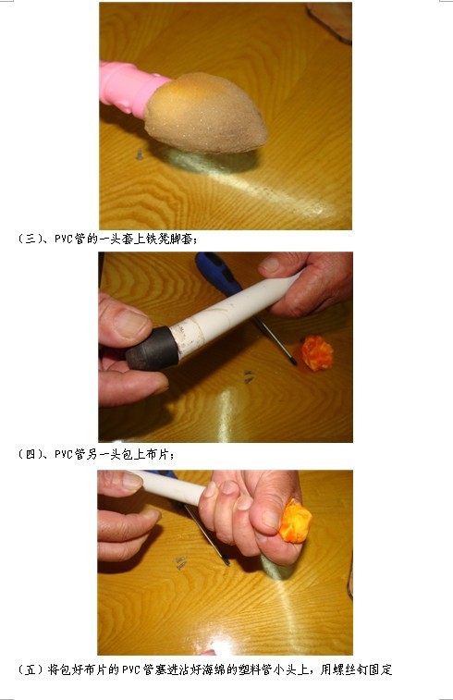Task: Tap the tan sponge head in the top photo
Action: click(x=205, y=112)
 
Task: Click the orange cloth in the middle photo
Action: click(x=316, y=352)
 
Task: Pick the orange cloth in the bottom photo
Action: click(x=296, y=522)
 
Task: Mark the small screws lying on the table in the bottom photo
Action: click(x=181, y=561)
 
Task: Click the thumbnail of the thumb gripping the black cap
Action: click(x=132, y=323)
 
